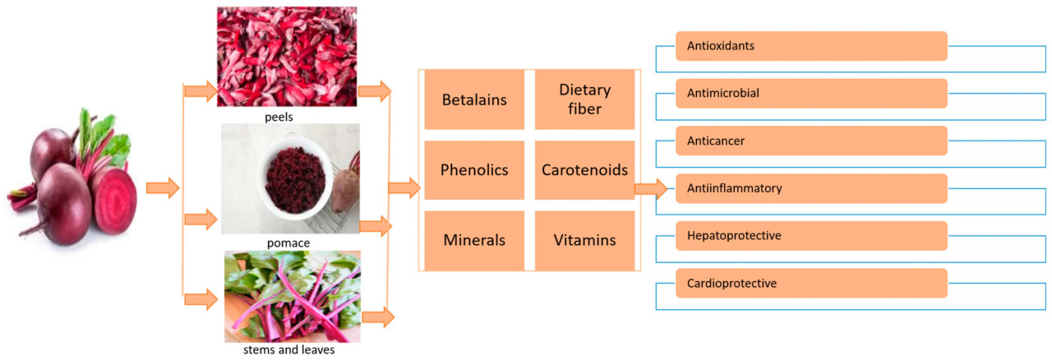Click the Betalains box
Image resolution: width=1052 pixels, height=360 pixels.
(x=474, y=100)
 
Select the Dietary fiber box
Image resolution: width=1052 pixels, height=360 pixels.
(x=584, y=100)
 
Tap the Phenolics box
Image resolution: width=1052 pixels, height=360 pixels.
(x=474, y=170)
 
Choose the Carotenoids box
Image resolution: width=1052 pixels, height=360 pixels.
(x=584, y=170)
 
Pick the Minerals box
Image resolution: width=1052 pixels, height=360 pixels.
(x=474, y=241)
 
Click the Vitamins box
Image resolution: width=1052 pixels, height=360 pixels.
(x=584, y=241)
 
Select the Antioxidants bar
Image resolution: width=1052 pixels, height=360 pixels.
(x=811, y=46)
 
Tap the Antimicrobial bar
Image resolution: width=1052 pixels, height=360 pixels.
(x=811, y=94)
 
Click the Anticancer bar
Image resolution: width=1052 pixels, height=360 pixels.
(x=811, y=141)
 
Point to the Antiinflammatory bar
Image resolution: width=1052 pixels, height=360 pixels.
(x=811, y=188)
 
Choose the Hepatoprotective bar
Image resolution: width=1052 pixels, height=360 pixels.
(x=811, y=236)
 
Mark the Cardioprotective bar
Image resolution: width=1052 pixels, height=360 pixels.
(x=811, y=283)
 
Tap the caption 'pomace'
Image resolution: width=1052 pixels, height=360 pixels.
(x=288, y=243)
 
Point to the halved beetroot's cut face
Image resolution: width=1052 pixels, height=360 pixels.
(x=114, y=201)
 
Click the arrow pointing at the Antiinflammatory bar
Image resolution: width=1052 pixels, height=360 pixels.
(x=651, y=189)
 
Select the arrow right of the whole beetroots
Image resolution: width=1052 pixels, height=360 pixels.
(x=163, y=189)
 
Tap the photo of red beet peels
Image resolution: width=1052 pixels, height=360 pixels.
(x=287, y=56)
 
